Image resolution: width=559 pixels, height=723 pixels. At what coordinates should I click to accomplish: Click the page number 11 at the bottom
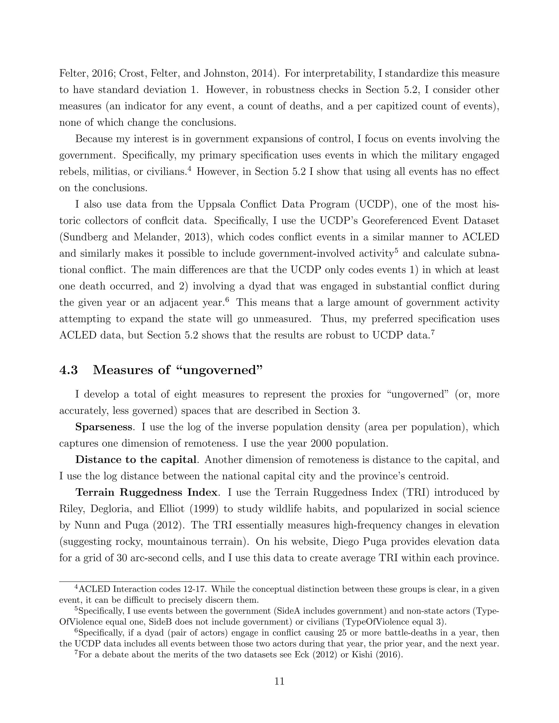[279, 681]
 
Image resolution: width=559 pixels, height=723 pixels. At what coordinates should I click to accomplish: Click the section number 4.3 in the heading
[68, 370]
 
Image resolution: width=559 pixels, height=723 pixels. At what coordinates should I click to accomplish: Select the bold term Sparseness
[104, 427]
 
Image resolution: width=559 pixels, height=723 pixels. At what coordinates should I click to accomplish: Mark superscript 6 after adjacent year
[227, 300]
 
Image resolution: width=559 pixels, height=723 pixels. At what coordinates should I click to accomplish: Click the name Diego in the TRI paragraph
[348, 542]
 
